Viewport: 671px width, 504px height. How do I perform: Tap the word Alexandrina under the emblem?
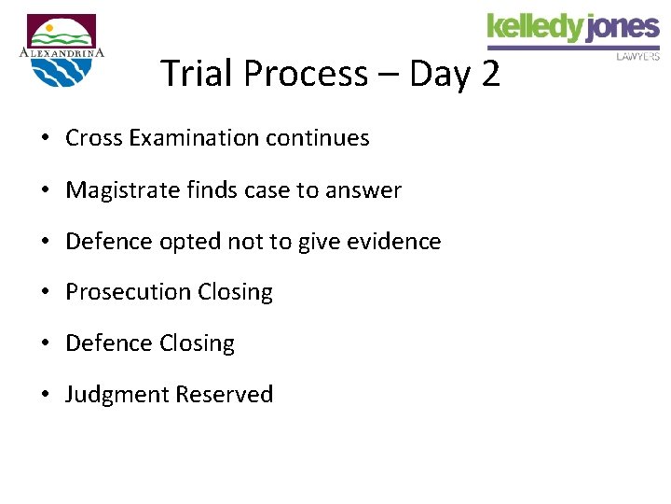click(x=62, y=52)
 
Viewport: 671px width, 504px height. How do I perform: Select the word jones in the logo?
click(x=623, y=28)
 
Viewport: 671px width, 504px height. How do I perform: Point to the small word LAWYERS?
click(x=638, y=56)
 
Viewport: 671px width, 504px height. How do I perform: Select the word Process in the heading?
click(x=302, y=73)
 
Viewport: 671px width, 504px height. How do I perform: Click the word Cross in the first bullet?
click(x=94, y=138)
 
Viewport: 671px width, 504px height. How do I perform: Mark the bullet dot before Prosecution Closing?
click(x=45, y=293)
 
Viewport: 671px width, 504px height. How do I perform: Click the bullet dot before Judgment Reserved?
click(x=45, y=396)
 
